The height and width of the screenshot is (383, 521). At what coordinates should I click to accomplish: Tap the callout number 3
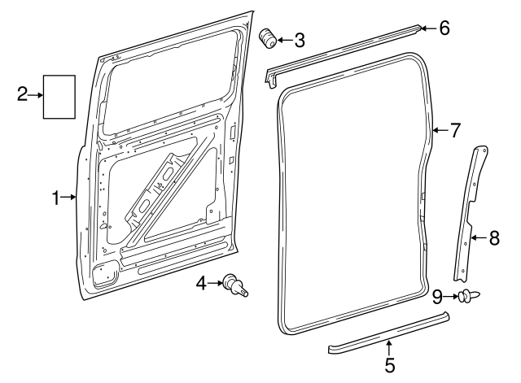pos(300,40)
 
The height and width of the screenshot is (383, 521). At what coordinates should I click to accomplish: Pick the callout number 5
pos(390,365)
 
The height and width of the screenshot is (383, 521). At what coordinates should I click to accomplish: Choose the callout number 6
pos(444,28)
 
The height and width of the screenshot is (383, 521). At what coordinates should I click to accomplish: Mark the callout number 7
pos(455,129)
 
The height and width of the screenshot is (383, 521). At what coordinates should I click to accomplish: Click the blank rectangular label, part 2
pos(59,97)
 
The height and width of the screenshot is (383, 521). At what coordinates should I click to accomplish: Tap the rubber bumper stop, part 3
pos(267,39)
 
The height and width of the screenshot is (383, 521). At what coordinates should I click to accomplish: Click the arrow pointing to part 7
pos(440,129)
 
